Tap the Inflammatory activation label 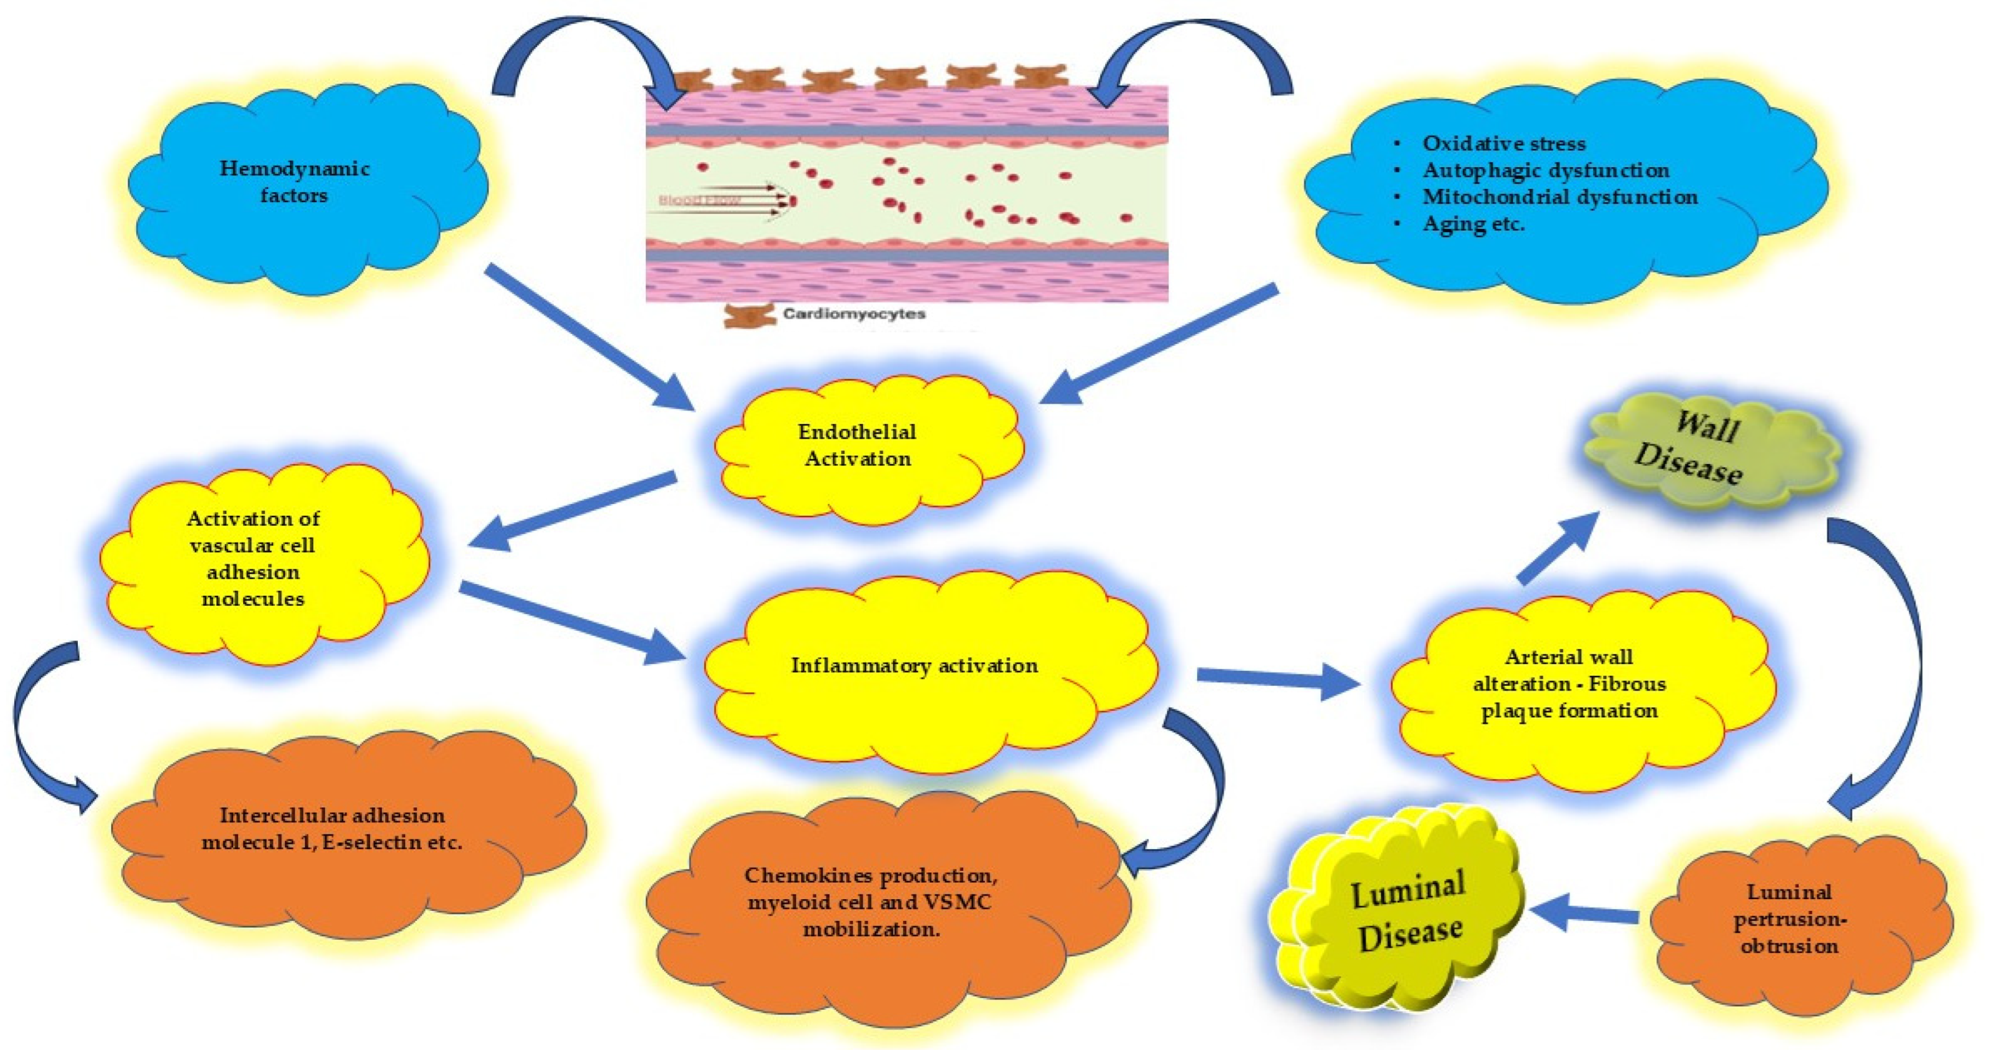(914, 666)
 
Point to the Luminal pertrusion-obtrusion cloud (1789, 919)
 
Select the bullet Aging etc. (1473, 224)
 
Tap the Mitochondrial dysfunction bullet (1559, 197)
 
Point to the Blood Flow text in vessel (700, 201)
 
